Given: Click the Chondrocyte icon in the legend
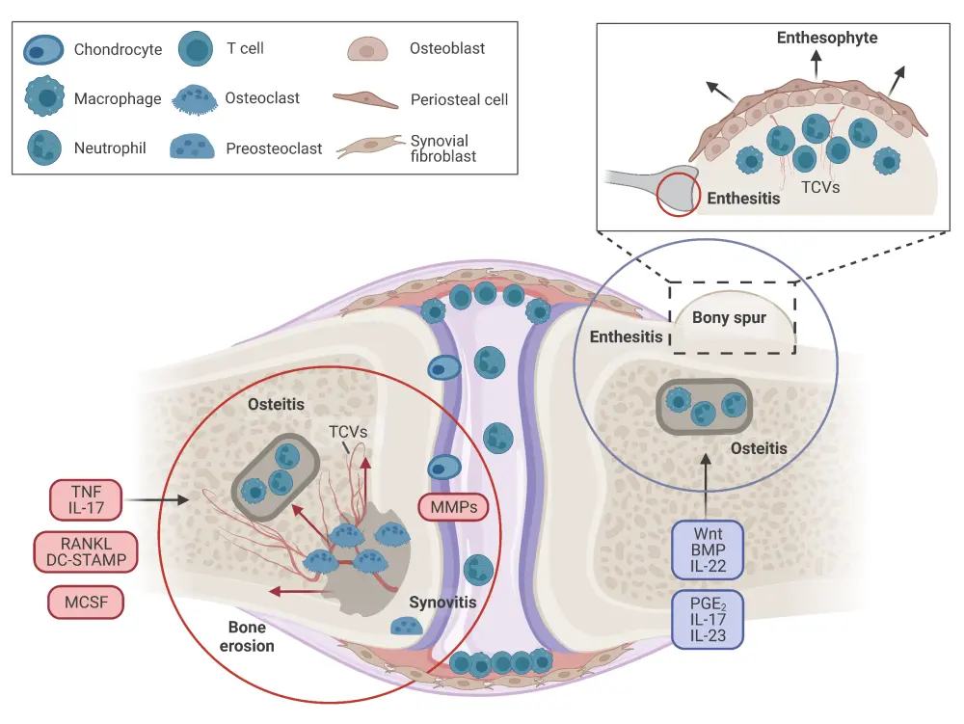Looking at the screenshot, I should pyautogui.click(x=44, y=48).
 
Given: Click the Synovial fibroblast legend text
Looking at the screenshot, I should pyautogui.click(x=443, y=148).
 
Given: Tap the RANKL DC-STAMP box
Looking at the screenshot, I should pyautogui.click(x=85, y=551).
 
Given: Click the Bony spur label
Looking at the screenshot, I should pyautogui.click(x=729, y=317).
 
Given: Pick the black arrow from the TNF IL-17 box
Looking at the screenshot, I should pyautogui.click(x=159, y=499).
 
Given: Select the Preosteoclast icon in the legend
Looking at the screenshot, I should pyautogui.click(x=197, y=147).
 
